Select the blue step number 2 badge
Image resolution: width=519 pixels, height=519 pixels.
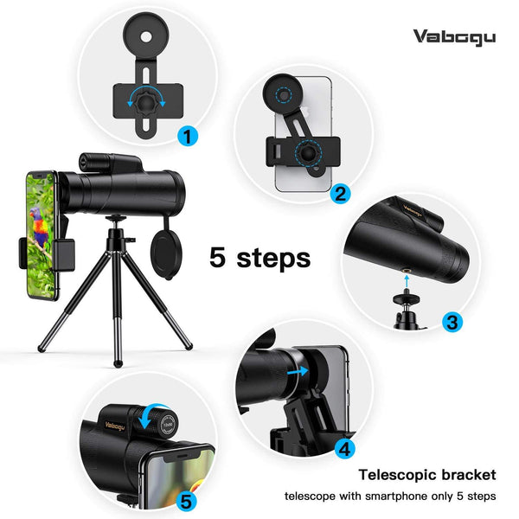click(x=340, y=193)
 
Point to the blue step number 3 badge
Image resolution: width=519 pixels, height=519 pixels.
click(x=451, y=323)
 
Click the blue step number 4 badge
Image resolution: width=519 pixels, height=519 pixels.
click(x=344, y=448)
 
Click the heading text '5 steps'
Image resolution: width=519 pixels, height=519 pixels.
click(x=259, y=257)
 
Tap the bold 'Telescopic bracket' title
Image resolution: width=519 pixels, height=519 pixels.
click(x=427, y=474)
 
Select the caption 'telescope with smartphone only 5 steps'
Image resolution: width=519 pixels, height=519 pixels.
click(x=391, y=497)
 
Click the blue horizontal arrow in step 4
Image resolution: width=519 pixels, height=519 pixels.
click(x=298, y=371)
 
